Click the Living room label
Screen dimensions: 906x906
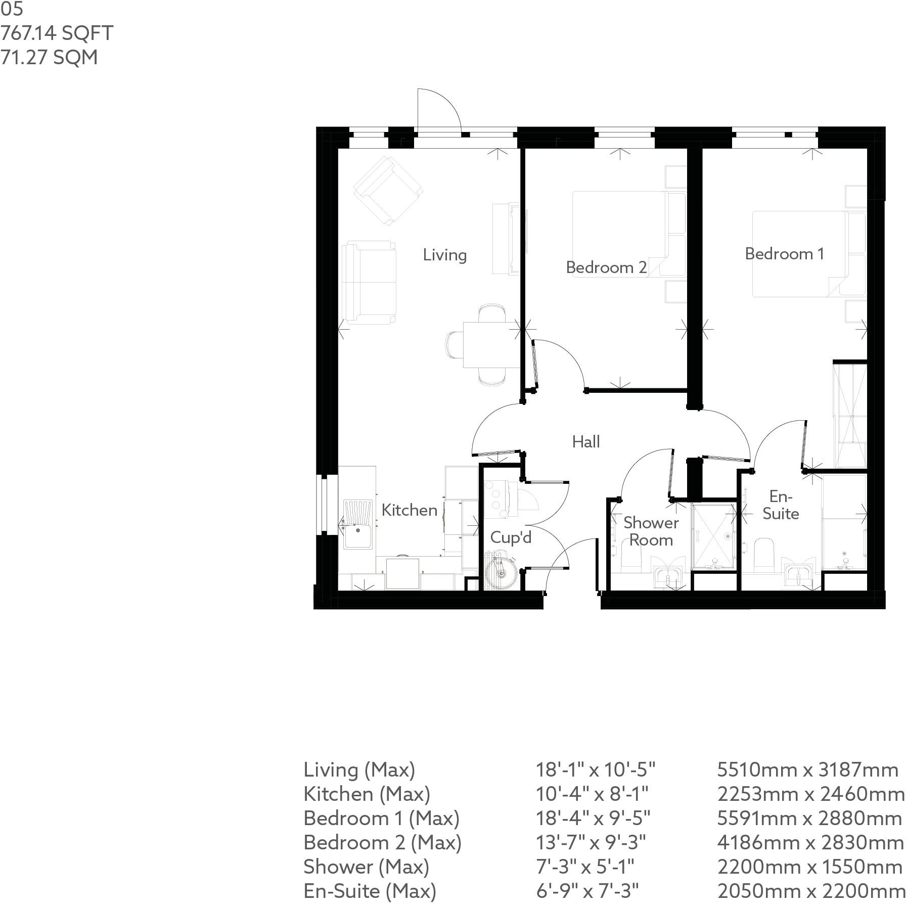444,254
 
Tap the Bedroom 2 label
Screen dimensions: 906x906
606,267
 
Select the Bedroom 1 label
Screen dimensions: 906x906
784,253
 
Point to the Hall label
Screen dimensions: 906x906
586,441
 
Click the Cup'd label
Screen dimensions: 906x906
511,537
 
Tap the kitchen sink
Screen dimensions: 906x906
357,524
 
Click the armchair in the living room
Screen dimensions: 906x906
388,191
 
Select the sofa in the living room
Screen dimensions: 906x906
368,282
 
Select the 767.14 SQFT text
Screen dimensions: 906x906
57,33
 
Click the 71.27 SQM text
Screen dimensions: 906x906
49,57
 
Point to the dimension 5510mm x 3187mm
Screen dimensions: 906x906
807,769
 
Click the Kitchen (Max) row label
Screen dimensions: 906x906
367,794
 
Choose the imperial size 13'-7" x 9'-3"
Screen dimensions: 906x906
591,842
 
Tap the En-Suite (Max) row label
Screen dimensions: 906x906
370,890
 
